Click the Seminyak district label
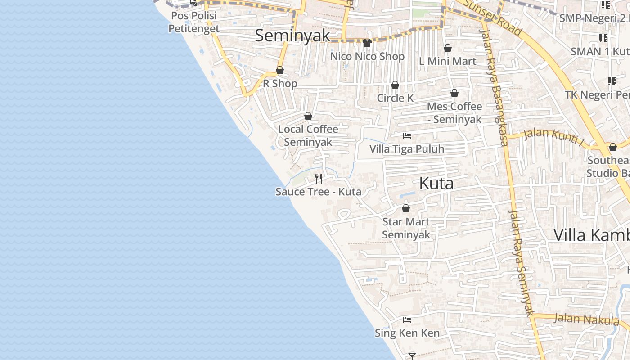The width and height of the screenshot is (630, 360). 292,36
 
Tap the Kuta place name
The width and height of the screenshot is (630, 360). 436,184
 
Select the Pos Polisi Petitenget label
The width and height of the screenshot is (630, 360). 193,22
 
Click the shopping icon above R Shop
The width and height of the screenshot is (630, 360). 280,70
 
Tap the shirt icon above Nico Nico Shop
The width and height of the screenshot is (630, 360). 367,43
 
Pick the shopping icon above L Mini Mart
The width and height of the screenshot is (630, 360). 448,48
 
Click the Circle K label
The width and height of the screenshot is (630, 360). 395,98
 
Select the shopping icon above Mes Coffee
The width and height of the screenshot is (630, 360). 454,93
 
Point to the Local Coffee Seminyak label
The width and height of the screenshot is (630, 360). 308,135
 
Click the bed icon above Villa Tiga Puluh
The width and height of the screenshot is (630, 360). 407,135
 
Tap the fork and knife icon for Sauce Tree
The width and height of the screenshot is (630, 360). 319,179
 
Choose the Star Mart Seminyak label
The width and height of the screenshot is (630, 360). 406,228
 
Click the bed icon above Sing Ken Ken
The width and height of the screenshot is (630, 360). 407,320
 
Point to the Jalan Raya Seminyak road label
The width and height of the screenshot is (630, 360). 522,261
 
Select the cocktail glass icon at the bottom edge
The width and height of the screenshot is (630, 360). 412,356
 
